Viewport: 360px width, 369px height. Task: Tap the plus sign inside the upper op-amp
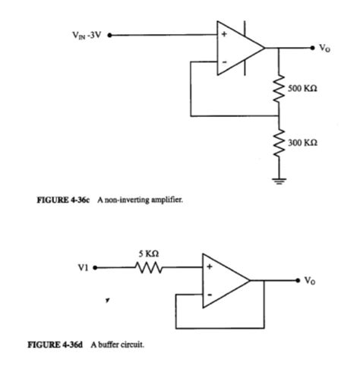pos(224,35)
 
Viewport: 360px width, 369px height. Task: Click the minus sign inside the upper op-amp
pos(224,62)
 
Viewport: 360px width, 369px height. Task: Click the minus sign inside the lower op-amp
pos(209,294)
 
